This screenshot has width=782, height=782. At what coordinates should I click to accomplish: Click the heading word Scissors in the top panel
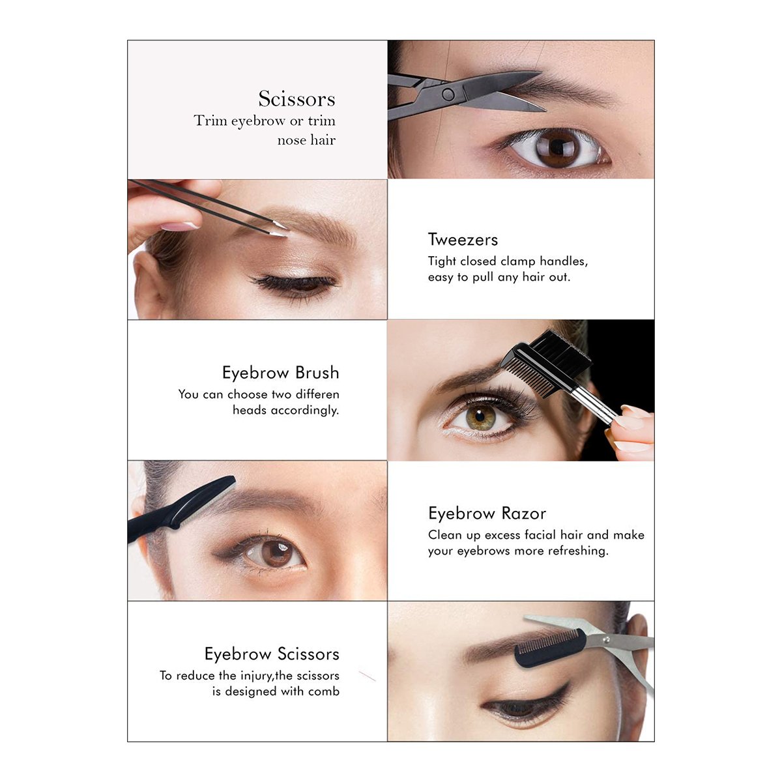(297, 98)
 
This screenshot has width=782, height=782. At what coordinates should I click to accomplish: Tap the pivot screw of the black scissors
(448, 94)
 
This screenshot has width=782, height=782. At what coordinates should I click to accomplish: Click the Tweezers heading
(463, 239)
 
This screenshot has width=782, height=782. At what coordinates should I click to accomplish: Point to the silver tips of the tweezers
(279, 229)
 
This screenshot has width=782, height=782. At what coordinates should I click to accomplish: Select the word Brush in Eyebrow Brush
(317, 373)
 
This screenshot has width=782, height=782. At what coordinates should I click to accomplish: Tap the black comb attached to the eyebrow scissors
(550, 648)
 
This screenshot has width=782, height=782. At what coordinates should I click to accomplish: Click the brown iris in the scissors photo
(558, 148)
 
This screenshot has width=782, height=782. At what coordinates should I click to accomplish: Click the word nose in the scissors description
(291, 140)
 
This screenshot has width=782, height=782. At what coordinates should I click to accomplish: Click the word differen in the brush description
(317, 394)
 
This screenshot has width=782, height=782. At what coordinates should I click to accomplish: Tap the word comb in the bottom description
(323, 691)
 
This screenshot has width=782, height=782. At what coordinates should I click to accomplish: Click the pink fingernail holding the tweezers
(179, 226)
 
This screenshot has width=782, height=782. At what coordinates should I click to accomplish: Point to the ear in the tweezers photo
(149, 284)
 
